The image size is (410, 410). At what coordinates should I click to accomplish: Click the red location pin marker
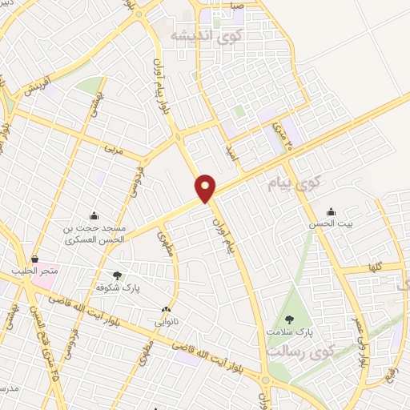click(x=206, y=187)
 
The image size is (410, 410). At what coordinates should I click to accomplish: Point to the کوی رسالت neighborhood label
click(x=288, y=352)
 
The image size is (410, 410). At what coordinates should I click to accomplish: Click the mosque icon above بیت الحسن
click(x=332, y=212)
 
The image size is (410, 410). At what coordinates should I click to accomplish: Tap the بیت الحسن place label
click(x=332, y=224)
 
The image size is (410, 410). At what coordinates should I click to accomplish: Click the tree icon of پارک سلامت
click(x=289, y=320)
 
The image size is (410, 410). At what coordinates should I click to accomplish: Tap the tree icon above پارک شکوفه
click(x=118, y=275)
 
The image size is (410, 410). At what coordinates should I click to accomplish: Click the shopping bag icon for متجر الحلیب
click(x=34, y=259)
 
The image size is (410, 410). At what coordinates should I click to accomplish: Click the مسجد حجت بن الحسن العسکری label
click(x=94, y=234)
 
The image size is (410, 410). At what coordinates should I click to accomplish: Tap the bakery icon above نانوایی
click(x=167, y=311)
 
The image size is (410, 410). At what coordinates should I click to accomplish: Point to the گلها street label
click(x=372, y=267)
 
